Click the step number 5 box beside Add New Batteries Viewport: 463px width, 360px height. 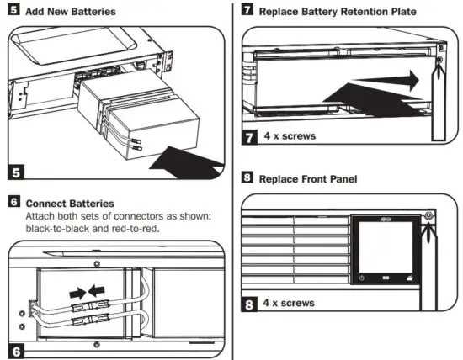click(x=13, y=12)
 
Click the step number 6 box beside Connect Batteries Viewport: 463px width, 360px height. click(x=13, y=203)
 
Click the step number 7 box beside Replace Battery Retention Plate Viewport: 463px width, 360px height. click(x=247, y=11)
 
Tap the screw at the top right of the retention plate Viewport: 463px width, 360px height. click(x=438, y=60)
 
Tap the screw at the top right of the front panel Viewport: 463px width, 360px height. click(x=430, y=216)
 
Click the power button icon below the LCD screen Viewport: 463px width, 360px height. click(x=361, y=278)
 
